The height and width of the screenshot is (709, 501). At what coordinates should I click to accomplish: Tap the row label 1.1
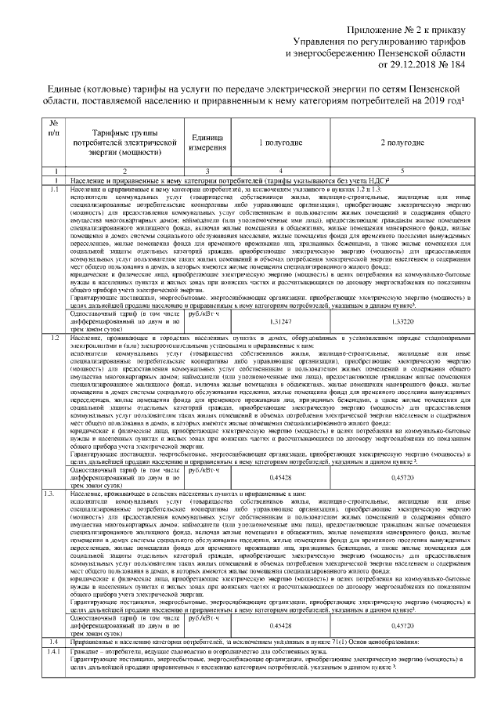[x=53, y=190]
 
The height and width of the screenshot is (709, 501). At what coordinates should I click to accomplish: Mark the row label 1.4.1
[x=53, y=652]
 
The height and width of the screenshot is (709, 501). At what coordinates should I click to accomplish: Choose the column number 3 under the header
[x=207, y=170]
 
